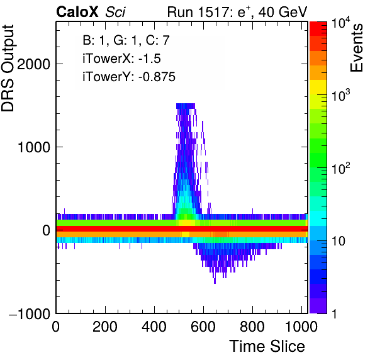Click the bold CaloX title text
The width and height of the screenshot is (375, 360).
[77, 12]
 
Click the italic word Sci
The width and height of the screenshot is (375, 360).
[115, 12]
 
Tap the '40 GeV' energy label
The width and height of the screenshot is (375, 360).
[283, 12]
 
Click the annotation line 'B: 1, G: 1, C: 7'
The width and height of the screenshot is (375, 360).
[126, 40]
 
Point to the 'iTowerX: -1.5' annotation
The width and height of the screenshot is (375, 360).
[121, 59]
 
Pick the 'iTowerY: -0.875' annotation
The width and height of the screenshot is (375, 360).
[129, 77]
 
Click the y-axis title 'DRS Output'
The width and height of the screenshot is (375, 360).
[8, 68]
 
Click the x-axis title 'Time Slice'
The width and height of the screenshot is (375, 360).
[267, 346]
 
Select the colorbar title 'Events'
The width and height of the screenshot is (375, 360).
[356, 48]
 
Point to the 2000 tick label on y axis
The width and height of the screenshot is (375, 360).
[34, 64]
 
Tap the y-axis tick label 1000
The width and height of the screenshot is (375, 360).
[34, 147]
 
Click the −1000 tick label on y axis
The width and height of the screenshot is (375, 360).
[30, 313]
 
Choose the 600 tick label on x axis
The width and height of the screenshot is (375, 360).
[203, 327]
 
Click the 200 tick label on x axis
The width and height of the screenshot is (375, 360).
[105, 327]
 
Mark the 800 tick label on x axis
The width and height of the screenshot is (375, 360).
[252, 327]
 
